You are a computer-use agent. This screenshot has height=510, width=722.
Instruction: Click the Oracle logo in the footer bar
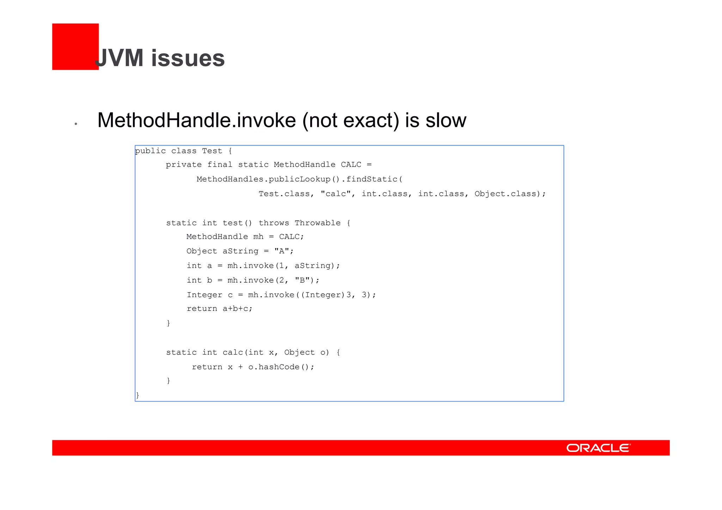598,448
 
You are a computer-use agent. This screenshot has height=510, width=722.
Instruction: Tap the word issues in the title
188,58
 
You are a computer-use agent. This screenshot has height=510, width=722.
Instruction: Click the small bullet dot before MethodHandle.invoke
76,124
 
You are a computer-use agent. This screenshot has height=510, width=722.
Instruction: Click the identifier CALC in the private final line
351,165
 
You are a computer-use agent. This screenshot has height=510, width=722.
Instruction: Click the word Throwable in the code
318,223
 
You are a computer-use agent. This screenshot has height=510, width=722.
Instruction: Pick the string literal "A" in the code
282,251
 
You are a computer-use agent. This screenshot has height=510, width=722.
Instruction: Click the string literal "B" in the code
302,281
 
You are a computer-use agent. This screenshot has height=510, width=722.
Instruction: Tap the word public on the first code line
150,151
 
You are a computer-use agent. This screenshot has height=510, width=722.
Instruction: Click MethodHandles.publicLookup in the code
263,179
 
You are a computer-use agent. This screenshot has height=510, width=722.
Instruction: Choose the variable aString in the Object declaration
240,251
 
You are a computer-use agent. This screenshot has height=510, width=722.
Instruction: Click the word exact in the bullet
371,121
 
